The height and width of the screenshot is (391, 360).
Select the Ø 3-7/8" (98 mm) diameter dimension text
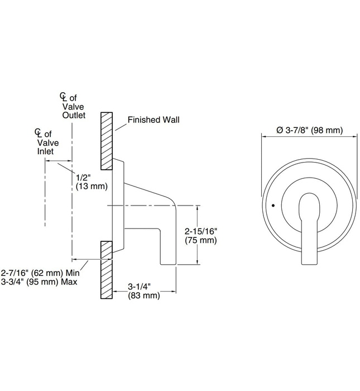coord(309,130)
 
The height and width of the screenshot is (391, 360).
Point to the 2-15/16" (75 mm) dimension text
coord(200,235)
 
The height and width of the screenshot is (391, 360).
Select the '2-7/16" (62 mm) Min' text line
coord(40,273)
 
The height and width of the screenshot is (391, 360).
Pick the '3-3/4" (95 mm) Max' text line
coord(40,282)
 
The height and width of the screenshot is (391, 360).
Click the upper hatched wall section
coord(107,140)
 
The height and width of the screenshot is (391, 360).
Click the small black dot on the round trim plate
coord(272,206)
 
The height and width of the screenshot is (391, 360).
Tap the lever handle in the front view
coord(308,229)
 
